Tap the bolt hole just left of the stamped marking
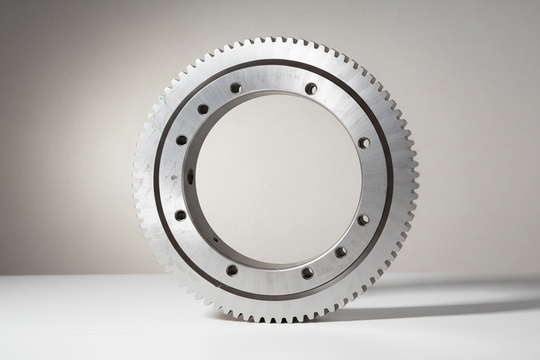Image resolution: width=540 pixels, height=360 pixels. [236, 88]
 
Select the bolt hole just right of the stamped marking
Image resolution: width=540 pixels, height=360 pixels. [311, 88]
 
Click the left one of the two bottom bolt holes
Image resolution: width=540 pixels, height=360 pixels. [232, 270]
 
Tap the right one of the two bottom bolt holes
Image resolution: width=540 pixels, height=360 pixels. [308, 273]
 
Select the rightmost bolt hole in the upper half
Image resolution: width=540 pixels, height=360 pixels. [364, 143]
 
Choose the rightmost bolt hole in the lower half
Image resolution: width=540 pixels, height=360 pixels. [363, 220]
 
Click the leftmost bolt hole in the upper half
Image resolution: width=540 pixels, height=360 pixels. [182, 140]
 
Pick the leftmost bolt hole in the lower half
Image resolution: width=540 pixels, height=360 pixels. [180, 215]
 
